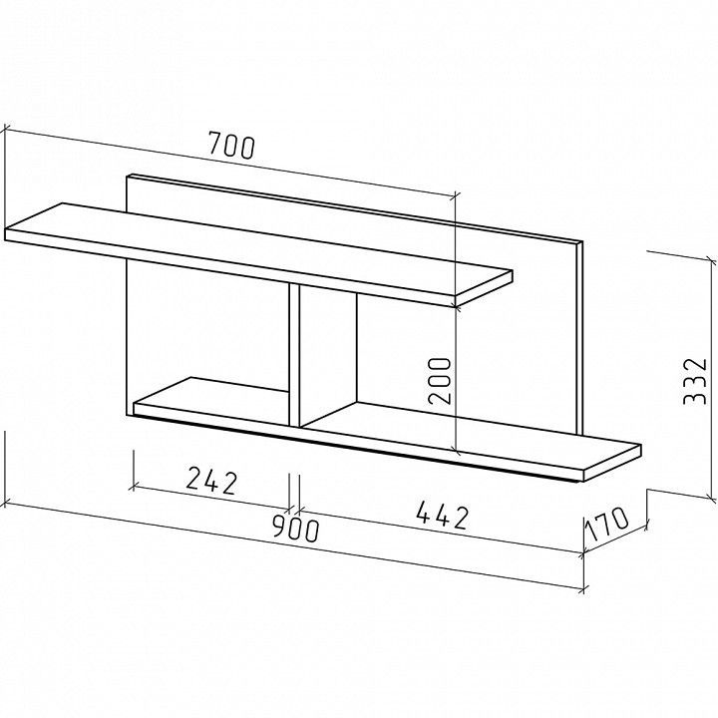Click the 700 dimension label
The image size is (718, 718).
pyautogui.click(x=231, y=146)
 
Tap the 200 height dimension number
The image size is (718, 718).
pyautogui.click(x=440, y=380)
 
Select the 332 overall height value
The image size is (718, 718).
pyautogui.click(x=695, y=381)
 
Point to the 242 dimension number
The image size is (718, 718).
pyautogui.click(x=212, y=481)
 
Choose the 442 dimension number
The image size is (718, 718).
pyautogui.click(x=443, y=516)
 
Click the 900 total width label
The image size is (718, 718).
pyautogui.click(x=295, y=528)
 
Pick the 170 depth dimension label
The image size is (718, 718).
pyautogui.click(x=606, y=524)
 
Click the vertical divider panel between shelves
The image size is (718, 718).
pyautogui.click(x=294, y=355)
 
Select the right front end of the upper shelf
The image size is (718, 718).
pyautogui.click(x=483, y=289)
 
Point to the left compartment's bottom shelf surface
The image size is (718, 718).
pyautogui.click(x=211, y=397)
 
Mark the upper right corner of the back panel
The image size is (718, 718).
pyautogui.click(x=583, y=241)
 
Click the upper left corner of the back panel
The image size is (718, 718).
pyautogui.click(x=127, y=176)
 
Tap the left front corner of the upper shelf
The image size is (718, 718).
pyautogui.click(x=6, y=229)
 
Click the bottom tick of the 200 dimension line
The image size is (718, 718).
pyautogui.click(x=456, y=453)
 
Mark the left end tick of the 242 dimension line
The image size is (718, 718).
pyautogui.click(x=134, y=486)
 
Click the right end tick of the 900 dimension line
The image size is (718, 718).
pyautogui.click(x=583, y=589)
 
